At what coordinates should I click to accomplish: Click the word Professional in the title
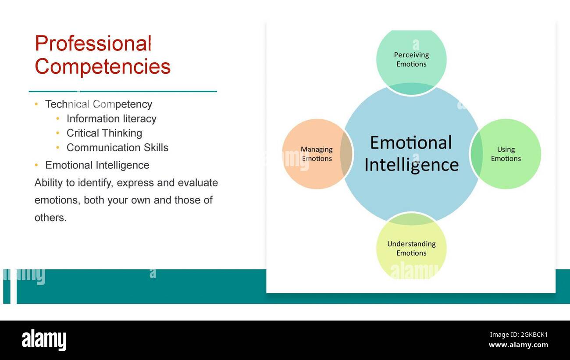(x=93, y=44)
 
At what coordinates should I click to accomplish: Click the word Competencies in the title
(x=103, y=67)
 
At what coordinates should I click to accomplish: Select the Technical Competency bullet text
(x=99, y=104)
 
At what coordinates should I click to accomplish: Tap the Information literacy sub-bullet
(x=111, y=119)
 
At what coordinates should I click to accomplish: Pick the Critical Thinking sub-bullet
(x=104, y=133)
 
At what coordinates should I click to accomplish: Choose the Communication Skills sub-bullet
(x=117, y=148)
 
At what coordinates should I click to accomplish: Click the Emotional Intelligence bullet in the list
(x=97, y=165)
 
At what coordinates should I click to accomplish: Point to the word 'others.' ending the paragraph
(x=50, y=218)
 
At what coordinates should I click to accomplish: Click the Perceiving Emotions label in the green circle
(x=411, y=60)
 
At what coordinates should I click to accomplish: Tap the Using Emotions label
(x=506, y=154)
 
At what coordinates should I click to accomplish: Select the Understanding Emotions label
(x=411, y=249)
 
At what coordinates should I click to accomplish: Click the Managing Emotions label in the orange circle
(x=317, y=154)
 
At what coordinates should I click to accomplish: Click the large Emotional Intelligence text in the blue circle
(x=411, y=154)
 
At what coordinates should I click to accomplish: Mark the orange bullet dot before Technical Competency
(x=36, y=104)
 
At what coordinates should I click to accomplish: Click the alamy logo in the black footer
(x=44, y=340)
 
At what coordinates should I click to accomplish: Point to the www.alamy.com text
(x=518, y=345)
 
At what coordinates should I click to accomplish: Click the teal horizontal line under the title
(x=123, y=91)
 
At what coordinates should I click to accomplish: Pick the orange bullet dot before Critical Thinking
(x=58, y=133)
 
